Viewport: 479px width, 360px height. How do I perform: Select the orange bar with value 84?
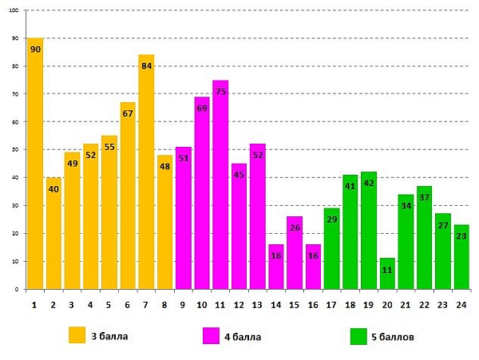click(x=146, y=176)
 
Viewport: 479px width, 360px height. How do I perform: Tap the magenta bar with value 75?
click(x=220, y=188)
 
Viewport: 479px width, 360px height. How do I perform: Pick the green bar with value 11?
click(x=387, y=275)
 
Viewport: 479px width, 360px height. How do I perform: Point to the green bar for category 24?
click(x=461, y=259)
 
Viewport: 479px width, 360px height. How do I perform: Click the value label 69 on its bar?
click(x=202, y=109)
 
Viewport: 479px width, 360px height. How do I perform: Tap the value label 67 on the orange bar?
click(x=128, y=113)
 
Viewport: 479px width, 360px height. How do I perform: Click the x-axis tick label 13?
click(x=257, y=304)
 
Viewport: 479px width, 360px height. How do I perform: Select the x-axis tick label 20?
click(x=387, y=304)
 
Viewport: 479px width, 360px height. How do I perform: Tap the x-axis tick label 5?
click(x=109, y=304)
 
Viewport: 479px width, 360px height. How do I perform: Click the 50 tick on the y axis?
click(x=16, y=150)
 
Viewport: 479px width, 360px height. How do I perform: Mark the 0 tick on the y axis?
click(x=18, y=290)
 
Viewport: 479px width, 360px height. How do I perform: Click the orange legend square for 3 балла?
click(x=77, y=336)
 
